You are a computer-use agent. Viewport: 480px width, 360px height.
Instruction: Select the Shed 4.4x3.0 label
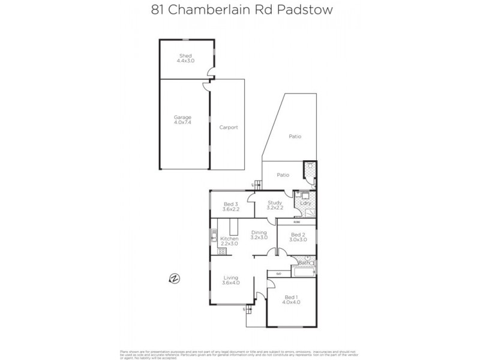pyautogui.click(x=185, y=58)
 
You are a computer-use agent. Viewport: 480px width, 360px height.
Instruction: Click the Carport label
pyautogui.click(x=229, y=127)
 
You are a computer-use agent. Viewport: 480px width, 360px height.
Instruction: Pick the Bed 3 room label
pyautogui.click(x=231, y=205)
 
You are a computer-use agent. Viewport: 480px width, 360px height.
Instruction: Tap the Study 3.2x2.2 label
pyautogui.click(x=275, y=205)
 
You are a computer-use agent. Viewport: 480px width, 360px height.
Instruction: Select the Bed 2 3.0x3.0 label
pyautogui.click(x=299, y=237)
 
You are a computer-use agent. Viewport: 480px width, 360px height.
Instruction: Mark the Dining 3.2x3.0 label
pyautogui.click(x=259, y=235)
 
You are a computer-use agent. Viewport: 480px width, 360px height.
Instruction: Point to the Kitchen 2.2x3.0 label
pyautogui.click(x=230, y=241)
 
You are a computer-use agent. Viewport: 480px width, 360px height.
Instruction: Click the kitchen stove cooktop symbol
pyautogui.click(x=221, y=251)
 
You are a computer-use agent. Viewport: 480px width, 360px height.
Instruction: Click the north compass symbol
pyautogui.click(x=174, y=278)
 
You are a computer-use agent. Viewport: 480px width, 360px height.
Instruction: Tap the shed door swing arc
pyautogui.click(x=212, y=74)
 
